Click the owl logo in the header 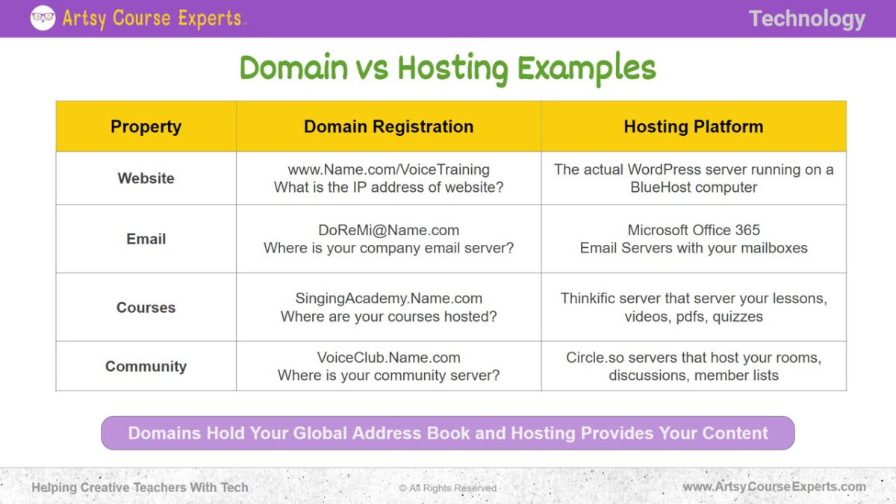(x=43, y=18)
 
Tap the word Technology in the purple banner (x=807, y=19)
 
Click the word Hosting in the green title (x=452, y=69)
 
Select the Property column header (x=146, y=127)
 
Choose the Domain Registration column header (x=389, y=126)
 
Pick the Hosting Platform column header (x=694, y=126)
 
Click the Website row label (x=146, y=178)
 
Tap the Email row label (x=146, y=239)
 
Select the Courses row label (x=146, y=307)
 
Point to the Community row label (x=146, y=367)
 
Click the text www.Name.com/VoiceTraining (x=389, y=169)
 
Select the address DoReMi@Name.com (x=389, y=230)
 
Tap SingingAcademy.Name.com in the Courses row (x=389, y=299)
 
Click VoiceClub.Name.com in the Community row (x=389, y=357)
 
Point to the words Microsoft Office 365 (x=694, y=230)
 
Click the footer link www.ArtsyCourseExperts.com (x=774, y=487)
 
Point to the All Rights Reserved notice (x=447, y=488)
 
